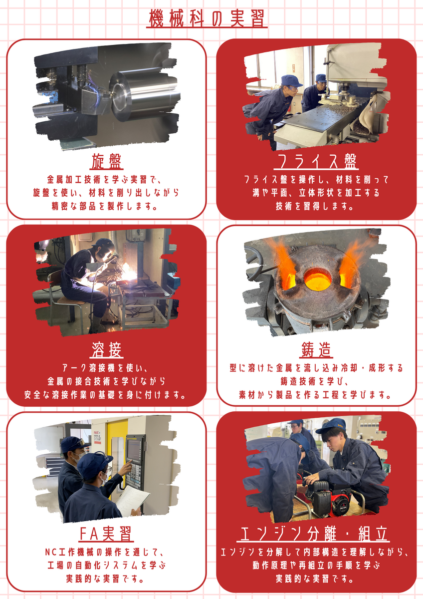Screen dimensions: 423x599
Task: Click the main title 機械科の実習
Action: [207, 18]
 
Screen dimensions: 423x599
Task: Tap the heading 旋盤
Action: [106, 161]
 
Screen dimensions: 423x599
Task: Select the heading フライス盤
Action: [316, 161]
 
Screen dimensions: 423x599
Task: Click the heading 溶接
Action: [106, 350]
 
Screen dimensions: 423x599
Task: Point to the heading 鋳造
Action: [316, 350]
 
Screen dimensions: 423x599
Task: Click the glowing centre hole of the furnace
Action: [317, 280]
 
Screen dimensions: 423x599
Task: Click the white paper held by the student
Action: [132, 500]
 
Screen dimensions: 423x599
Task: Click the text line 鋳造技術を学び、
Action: [315, 381]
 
